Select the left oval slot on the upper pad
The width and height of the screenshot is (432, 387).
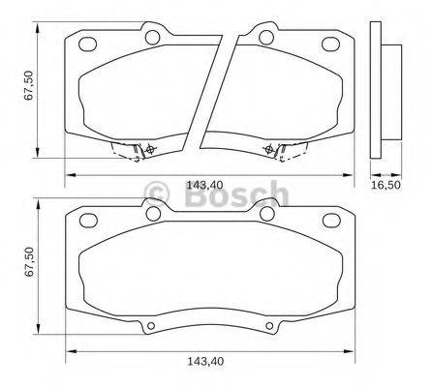pos(87,44)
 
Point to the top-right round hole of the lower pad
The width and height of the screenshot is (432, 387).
pos(267,214)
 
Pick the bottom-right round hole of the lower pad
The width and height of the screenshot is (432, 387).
pos(267,325)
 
